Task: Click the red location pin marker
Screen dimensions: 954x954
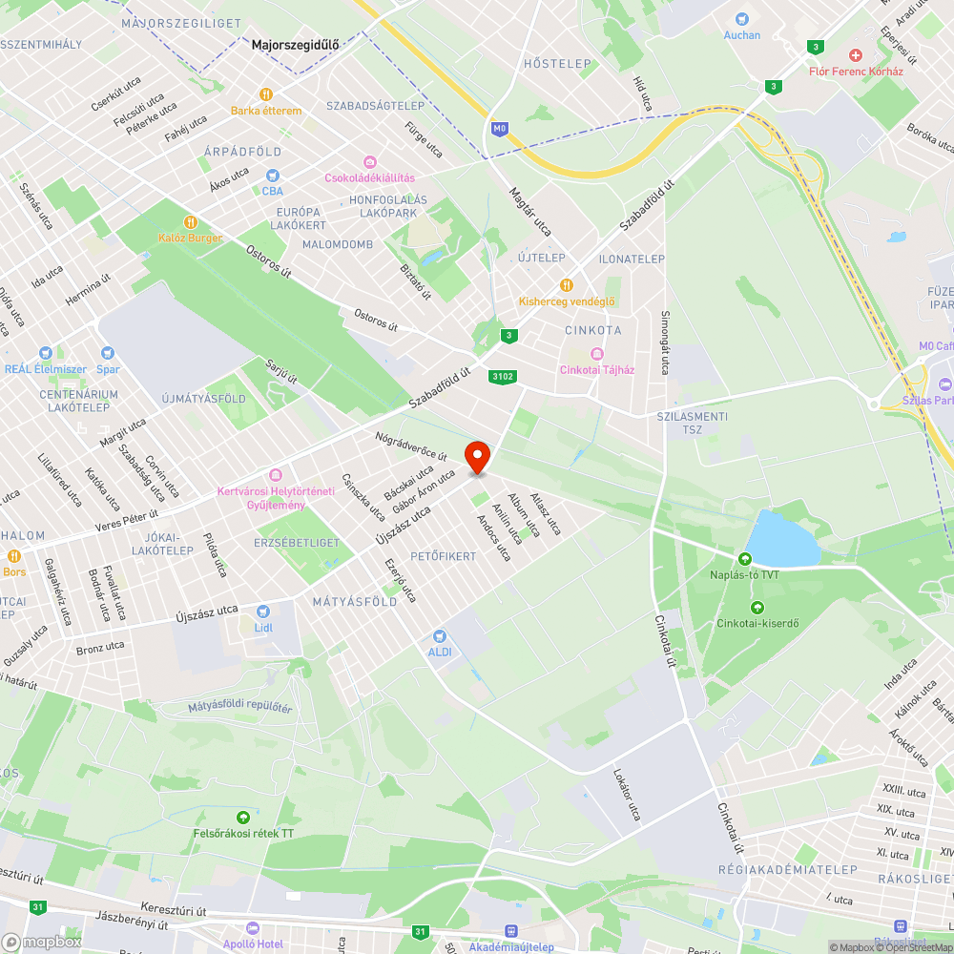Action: tap(477, 456)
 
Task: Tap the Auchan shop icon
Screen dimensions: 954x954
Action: tap(741, 18)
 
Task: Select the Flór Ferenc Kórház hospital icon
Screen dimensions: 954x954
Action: tap(856, 56)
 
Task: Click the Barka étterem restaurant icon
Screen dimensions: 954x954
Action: tap(266, 94)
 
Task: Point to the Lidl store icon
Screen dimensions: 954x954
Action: tap(263, 612)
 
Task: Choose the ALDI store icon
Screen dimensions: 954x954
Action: tap(439, 635)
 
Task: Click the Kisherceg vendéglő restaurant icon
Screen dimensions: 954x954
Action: tap(567, 285)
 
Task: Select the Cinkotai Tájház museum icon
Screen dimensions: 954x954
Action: tap(597, 354)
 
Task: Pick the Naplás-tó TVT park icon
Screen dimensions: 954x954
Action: tap(745, 558)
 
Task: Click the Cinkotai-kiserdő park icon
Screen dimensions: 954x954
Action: tap(757, 608)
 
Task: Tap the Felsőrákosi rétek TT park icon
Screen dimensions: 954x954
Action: tap(242, 818)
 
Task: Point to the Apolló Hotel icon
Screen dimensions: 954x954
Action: tap(253, 928)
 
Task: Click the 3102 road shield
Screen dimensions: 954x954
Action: tap(503, 377)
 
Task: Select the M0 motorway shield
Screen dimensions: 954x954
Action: tap(499, 127)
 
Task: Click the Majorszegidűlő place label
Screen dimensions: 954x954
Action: tap(295, 44)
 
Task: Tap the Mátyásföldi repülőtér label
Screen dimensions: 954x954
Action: tap(239, 707)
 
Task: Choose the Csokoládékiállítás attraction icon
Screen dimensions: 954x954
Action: tap(370, 162)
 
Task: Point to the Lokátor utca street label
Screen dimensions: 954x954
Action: tap(627, 795)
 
